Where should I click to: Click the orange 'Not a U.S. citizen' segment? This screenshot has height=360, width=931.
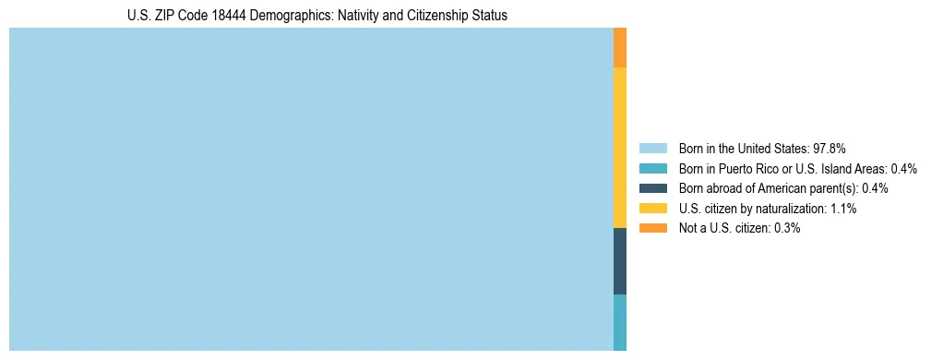coord(620,48)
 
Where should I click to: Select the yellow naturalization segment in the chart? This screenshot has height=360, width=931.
coord(620,148)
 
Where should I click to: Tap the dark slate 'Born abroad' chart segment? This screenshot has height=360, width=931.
coord(620,261)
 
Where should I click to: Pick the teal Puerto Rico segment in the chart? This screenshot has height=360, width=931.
coord(620,322)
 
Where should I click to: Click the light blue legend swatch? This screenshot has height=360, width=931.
coord(652,149)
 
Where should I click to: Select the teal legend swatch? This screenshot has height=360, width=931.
coord(652,169)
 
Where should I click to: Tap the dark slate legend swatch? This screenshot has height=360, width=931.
coord(652,188)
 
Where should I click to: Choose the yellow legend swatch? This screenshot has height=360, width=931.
coord(652,209)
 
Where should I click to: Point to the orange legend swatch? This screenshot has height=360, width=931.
coord(652,228)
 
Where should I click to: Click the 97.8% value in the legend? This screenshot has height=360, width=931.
coord(830,149)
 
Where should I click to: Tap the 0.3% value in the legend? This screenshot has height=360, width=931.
coord(785,228)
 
